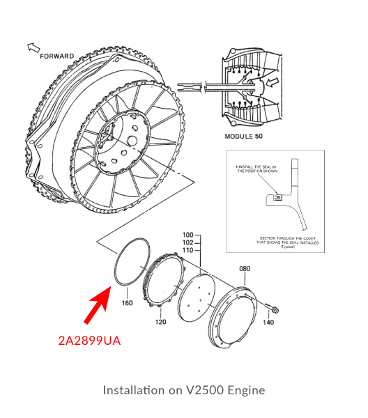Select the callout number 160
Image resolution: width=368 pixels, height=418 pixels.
coord(128,303)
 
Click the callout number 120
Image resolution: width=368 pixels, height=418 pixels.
coord(161,322)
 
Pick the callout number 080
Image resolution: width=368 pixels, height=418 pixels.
coord(245,268)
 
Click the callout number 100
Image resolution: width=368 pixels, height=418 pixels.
coord(187,235)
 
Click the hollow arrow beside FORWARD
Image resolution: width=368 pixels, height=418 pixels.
coord(33,47)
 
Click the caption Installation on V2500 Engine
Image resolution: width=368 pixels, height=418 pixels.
coord(184,389)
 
